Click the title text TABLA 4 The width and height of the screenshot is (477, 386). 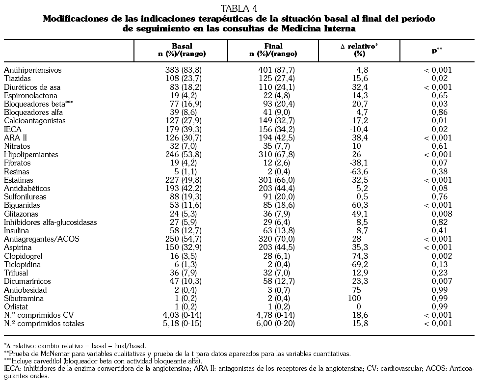pos(239,8)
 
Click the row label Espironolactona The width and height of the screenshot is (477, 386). pos(30,96)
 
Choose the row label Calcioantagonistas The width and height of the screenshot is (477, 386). pos(34,121)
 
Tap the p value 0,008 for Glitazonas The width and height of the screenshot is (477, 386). pos(439,214)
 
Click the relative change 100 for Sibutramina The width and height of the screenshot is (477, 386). pos(354,298)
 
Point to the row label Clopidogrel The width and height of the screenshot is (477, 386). pos(23,256)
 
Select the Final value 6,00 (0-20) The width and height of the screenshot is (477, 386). pos(276,324)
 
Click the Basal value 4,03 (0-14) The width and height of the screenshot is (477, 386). pos(183,315)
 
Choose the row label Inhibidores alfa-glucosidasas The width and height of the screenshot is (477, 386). pos(50,222)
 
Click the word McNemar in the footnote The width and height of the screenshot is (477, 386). pos(51,353)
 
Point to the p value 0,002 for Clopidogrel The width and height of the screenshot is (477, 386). pos(439,256)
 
